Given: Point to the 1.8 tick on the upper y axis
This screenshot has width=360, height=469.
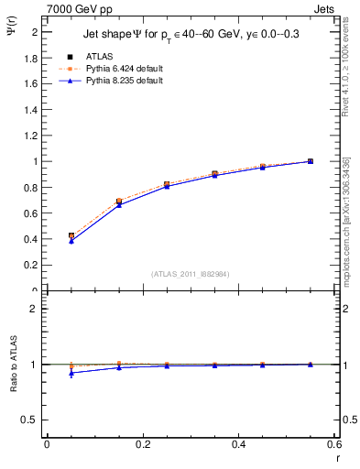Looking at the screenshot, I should click(x=32, y=58).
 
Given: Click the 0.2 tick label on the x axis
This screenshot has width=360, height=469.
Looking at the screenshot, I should click(x=142, y=444).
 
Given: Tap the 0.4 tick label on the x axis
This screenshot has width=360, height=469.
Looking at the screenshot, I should click(x=238, y=444).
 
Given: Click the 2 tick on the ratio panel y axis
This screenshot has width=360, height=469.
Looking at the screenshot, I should click(x=34, y=309).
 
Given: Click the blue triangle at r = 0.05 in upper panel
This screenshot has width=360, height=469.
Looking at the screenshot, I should click(x=71, y=241).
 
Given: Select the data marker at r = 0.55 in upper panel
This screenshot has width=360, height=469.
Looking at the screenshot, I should click(x=310, y=161).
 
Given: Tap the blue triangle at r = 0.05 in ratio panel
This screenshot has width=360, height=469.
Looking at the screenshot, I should click(x=71, y=373).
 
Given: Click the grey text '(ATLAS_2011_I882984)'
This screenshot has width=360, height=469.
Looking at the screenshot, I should click(x=191, y=274).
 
